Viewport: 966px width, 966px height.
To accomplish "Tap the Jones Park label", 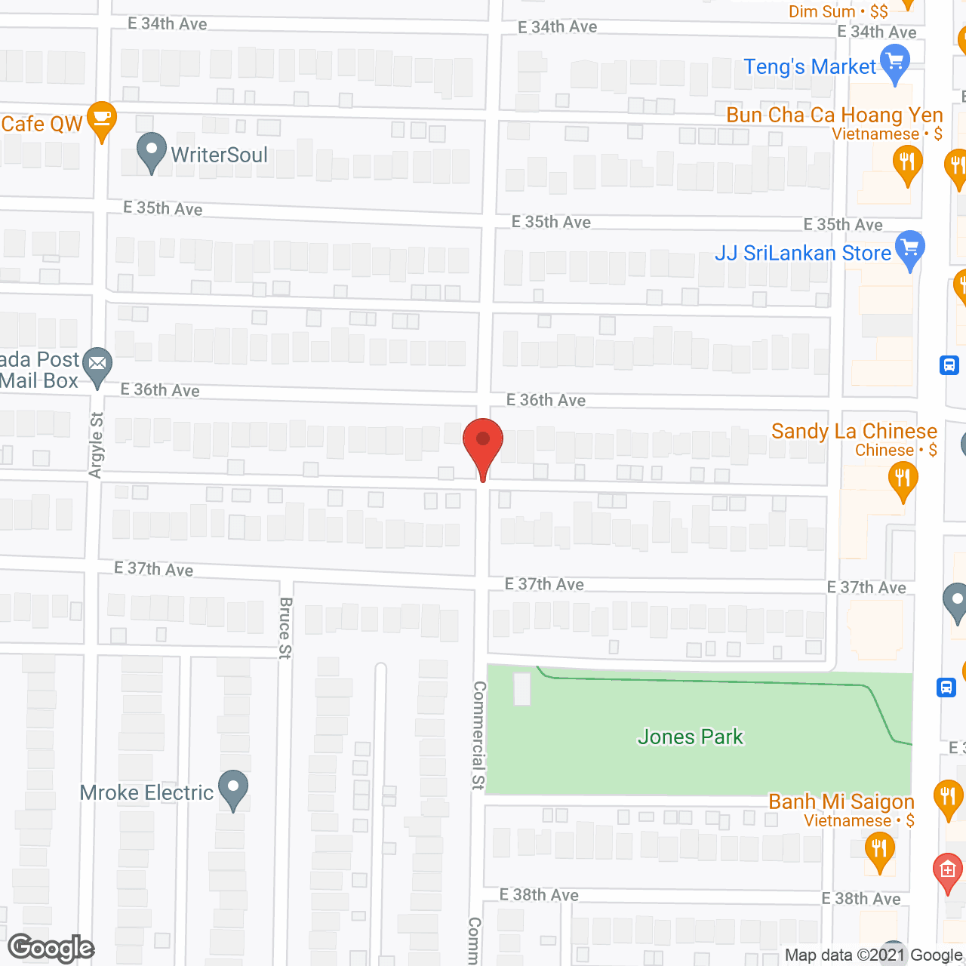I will click(x=691, y=737).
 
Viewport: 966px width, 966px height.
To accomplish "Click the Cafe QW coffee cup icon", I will click(x=101, y=119).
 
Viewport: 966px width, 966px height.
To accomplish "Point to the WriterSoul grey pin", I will click(x=152, y=150).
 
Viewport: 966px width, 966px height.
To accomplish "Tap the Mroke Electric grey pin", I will click(x=233, y=788).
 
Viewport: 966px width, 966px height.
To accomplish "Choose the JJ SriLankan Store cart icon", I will click(x=910, y=248).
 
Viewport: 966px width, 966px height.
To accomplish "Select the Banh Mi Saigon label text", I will click(x=841, y=801).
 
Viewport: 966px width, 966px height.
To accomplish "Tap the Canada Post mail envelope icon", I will click(x=97, y=365).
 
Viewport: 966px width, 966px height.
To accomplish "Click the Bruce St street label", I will click(x=285, y=628).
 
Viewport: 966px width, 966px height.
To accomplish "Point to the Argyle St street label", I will click(x=96, y=445).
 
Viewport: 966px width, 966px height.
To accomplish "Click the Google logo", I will click(x=51, y=948).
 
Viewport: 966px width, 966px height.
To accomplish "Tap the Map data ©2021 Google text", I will click(x=874, y=955).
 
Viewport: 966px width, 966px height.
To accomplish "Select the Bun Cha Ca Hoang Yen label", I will click(x=834, y=115).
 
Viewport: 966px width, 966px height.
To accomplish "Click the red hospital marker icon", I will click(x=948, y=870).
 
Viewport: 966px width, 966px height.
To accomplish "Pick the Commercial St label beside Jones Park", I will click(x=478, y=735).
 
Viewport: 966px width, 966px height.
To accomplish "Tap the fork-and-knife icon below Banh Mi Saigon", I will click(x=879, y=849).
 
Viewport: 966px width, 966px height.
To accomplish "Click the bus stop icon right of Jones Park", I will click(x=946, y=688).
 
